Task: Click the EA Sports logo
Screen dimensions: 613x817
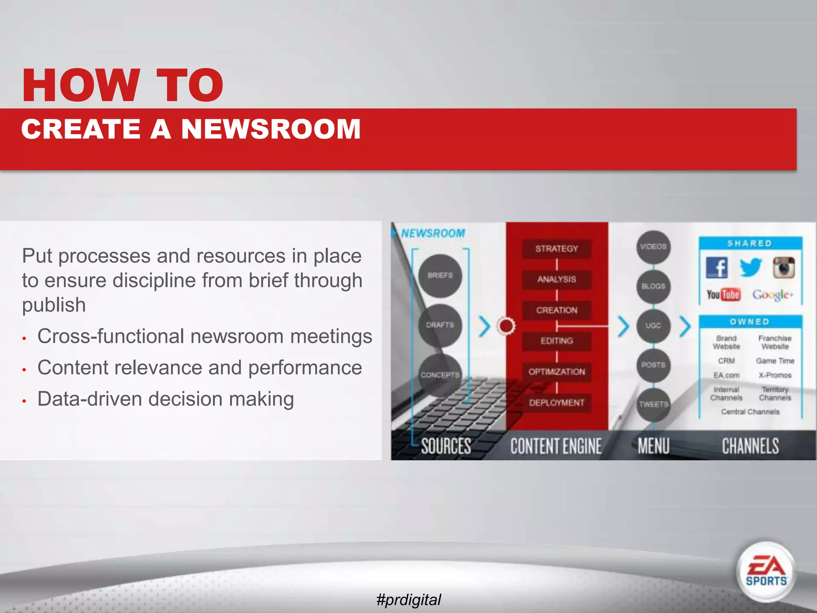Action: tap(766, 572)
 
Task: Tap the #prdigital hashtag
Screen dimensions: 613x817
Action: tap(408, 599)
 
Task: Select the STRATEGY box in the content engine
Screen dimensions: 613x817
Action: tap(557, 249)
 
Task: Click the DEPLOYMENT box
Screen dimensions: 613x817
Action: tap(557, 403)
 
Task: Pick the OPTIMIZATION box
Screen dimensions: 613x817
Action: tap(557, 372)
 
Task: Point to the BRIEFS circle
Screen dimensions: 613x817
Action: tap(440, 275)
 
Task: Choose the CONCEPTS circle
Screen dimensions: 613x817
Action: tap(440, 375)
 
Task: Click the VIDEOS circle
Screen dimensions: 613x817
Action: tap(653, 247)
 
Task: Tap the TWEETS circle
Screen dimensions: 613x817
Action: tap(653, 404)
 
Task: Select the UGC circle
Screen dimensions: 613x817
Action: tap(653, 326)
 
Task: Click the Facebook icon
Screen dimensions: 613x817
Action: tap(717, 267)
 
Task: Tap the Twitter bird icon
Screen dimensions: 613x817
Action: tap(750, 267)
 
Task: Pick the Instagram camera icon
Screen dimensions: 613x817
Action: tap(784, 267)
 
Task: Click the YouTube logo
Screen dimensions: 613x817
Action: tap(723, 295)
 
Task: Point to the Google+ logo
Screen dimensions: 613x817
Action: tap(773, 295)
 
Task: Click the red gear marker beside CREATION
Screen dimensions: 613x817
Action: tap(506, 326)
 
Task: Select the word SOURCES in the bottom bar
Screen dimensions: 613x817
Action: tap(446, 446)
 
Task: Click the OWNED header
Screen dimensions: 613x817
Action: tap(750, 322)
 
